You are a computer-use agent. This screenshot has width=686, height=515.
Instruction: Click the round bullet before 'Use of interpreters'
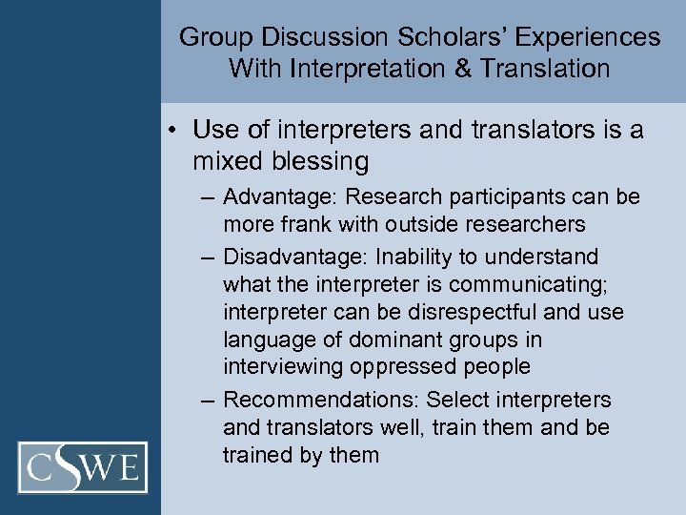tap(178, 131)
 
